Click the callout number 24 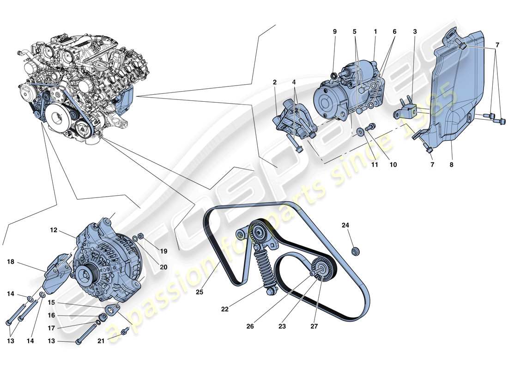pos(345,226)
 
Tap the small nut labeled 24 pos(356,252)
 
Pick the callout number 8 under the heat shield pos(451,164)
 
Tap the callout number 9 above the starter pos(335,31)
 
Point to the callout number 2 pos(274,82)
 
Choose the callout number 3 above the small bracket pos(415,31)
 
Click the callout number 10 pos(393,164)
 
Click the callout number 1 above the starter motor pos(375,31)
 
